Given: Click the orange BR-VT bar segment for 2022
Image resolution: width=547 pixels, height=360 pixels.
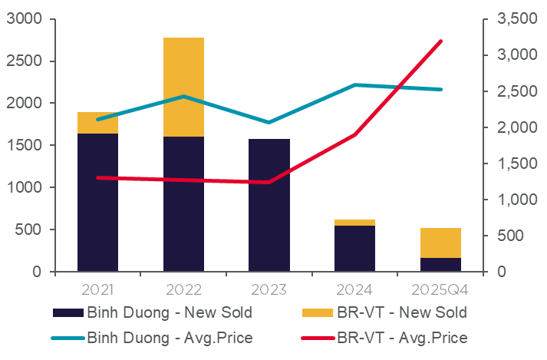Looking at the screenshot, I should point(183,87).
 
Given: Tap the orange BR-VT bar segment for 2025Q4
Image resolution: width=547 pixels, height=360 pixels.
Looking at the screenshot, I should point(440,243).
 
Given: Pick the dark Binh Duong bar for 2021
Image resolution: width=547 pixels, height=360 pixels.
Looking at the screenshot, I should point(98,203).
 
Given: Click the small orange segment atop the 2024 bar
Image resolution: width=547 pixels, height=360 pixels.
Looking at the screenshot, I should point(354,223).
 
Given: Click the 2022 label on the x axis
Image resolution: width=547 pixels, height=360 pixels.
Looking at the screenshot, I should point(183,290).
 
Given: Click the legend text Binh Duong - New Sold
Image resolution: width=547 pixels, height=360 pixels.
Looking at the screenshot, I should point(169,312).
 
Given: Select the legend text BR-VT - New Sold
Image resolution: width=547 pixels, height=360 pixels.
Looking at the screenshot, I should point(401,312).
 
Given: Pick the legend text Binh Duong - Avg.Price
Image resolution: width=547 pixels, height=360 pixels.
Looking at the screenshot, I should point(170,337).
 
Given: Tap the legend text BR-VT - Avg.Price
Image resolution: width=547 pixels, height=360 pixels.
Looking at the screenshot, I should point(402,337).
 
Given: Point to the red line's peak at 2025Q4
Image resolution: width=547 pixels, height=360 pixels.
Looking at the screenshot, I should point(441,41).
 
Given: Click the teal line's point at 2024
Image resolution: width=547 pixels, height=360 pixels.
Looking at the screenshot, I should point(354,84).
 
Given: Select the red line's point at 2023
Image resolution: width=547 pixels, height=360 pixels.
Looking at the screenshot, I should point(269,182).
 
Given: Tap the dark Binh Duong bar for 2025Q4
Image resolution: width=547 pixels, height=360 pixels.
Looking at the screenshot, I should point(440,265).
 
